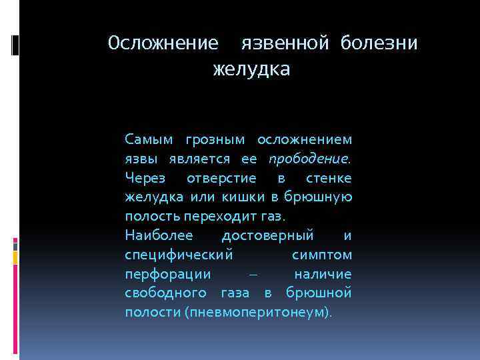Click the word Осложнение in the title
coord(163,43)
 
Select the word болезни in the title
coord(379,43)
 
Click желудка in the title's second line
coord(251,69)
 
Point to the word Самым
coord(149,140)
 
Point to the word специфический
coord(178,255)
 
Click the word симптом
coord(322,255)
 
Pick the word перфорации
coord(167,275)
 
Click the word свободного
coord(165,294)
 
